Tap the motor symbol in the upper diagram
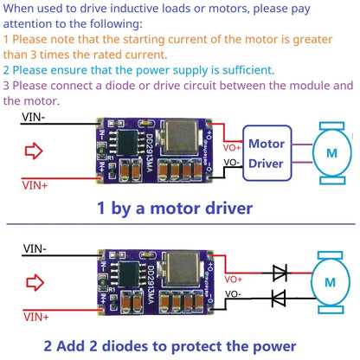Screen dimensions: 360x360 [x=331, y=152]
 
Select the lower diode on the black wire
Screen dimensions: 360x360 [x=280, y=299]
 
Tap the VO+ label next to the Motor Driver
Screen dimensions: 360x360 [x=232, y=146]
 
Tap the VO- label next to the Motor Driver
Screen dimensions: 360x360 [x=232, y=162]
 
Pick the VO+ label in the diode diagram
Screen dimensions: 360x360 [x=233, y=280]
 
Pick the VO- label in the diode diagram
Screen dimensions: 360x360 [x=233, y=295]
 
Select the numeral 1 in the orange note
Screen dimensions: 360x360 [x=7, y=40]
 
